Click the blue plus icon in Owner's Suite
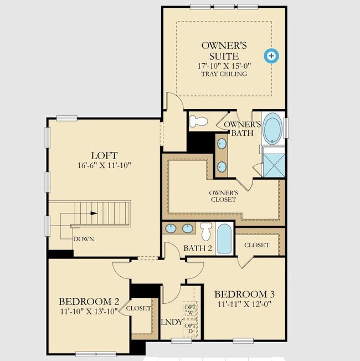271,55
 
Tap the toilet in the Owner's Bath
198,121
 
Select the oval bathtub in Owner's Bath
272,129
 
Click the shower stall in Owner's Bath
274,165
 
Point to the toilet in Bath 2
205,231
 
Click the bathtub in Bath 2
224,239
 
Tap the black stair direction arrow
94,213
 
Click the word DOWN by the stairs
84,239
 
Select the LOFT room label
104,156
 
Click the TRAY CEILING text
224,74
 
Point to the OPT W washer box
190,310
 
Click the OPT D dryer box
190,328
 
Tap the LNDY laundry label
172,322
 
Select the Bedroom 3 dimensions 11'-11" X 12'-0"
244,304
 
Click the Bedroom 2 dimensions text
89,312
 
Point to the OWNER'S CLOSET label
223,196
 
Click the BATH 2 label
198,248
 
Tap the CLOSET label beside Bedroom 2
138,308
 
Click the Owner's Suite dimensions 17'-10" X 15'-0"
224,66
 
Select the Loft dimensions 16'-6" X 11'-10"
104,165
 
